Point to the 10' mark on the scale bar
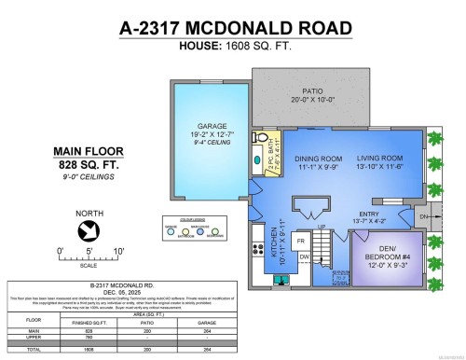click(117, 251)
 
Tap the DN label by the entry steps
click(449, 218)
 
